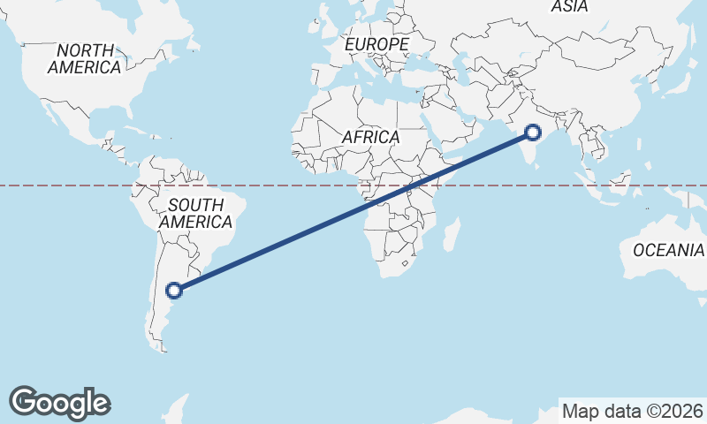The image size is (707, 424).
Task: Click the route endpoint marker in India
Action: [533, 132]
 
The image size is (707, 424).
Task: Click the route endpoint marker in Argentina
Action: [174, 289]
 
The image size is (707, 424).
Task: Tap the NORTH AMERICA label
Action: [85, 59]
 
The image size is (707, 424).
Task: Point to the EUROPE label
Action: [377, 44]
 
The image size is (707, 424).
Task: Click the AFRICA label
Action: [371, 138]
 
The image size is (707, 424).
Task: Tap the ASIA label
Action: [569, 7]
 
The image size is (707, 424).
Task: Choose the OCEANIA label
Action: [668, 251]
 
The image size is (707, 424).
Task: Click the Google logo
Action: [59, 403]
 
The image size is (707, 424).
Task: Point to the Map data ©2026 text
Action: [633, 411]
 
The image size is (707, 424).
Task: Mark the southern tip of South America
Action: [162, 348]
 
